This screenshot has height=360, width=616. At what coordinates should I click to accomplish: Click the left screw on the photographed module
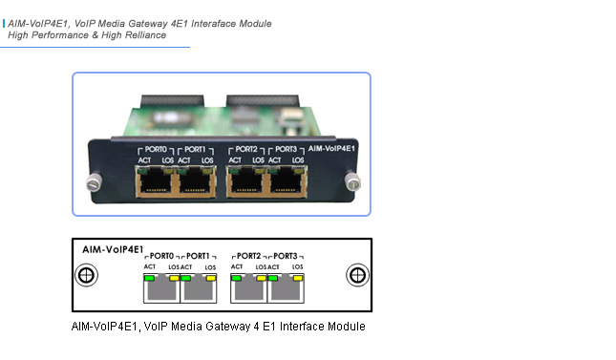[x=94, y=181]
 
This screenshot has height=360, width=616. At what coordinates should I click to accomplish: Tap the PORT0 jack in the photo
[x=154, y=181]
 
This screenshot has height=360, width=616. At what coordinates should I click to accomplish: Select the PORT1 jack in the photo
[x=197, y=181]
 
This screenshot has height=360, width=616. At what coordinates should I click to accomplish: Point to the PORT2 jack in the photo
[x=246, y=181]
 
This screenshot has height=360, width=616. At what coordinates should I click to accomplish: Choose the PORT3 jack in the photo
[x=288, y=181]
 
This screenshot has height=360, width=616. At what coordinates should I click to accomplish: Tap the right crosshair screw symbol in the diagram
[x=357, y=276]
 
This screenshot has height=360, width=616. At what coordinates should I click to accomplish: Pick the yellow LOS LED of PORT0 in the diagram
[x=173, y=278]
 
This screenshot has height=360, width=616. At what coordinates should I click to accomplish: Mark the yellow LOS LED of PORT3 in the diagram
[x=297, y=278]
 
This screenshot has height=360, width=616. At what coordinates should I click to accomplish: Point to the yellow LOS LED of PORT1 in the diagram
[x=210, y=278]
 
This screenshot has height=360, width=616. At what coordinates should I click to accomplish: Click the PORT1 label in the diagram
[x=198, y=257]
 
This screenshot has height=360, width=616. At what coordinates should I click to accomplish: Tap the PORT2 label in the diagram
[x=250, y=257]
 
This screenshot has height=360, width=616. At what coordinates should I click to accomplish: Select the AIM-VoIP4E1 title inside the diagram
[x=106, y=249]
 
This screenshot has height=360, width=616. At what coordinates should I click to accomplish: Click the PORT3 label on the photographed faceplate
[x=286, y=150]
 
